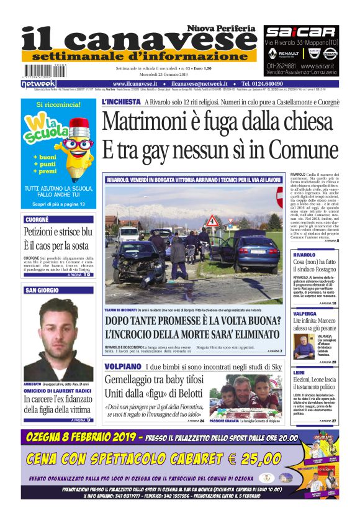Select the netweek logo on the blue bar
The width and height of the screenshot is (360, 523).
tap(38, 83)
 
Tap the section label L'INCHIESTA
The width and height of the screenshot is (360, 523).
tap(121, 101)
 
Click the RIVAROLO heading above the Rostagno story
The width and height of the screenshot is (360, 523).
tap(304, 255)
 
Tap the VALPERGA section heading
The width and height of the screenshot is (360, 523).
tap(305, 314)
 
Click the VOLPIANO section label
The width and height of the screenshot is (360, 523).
tap(124, 366)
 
